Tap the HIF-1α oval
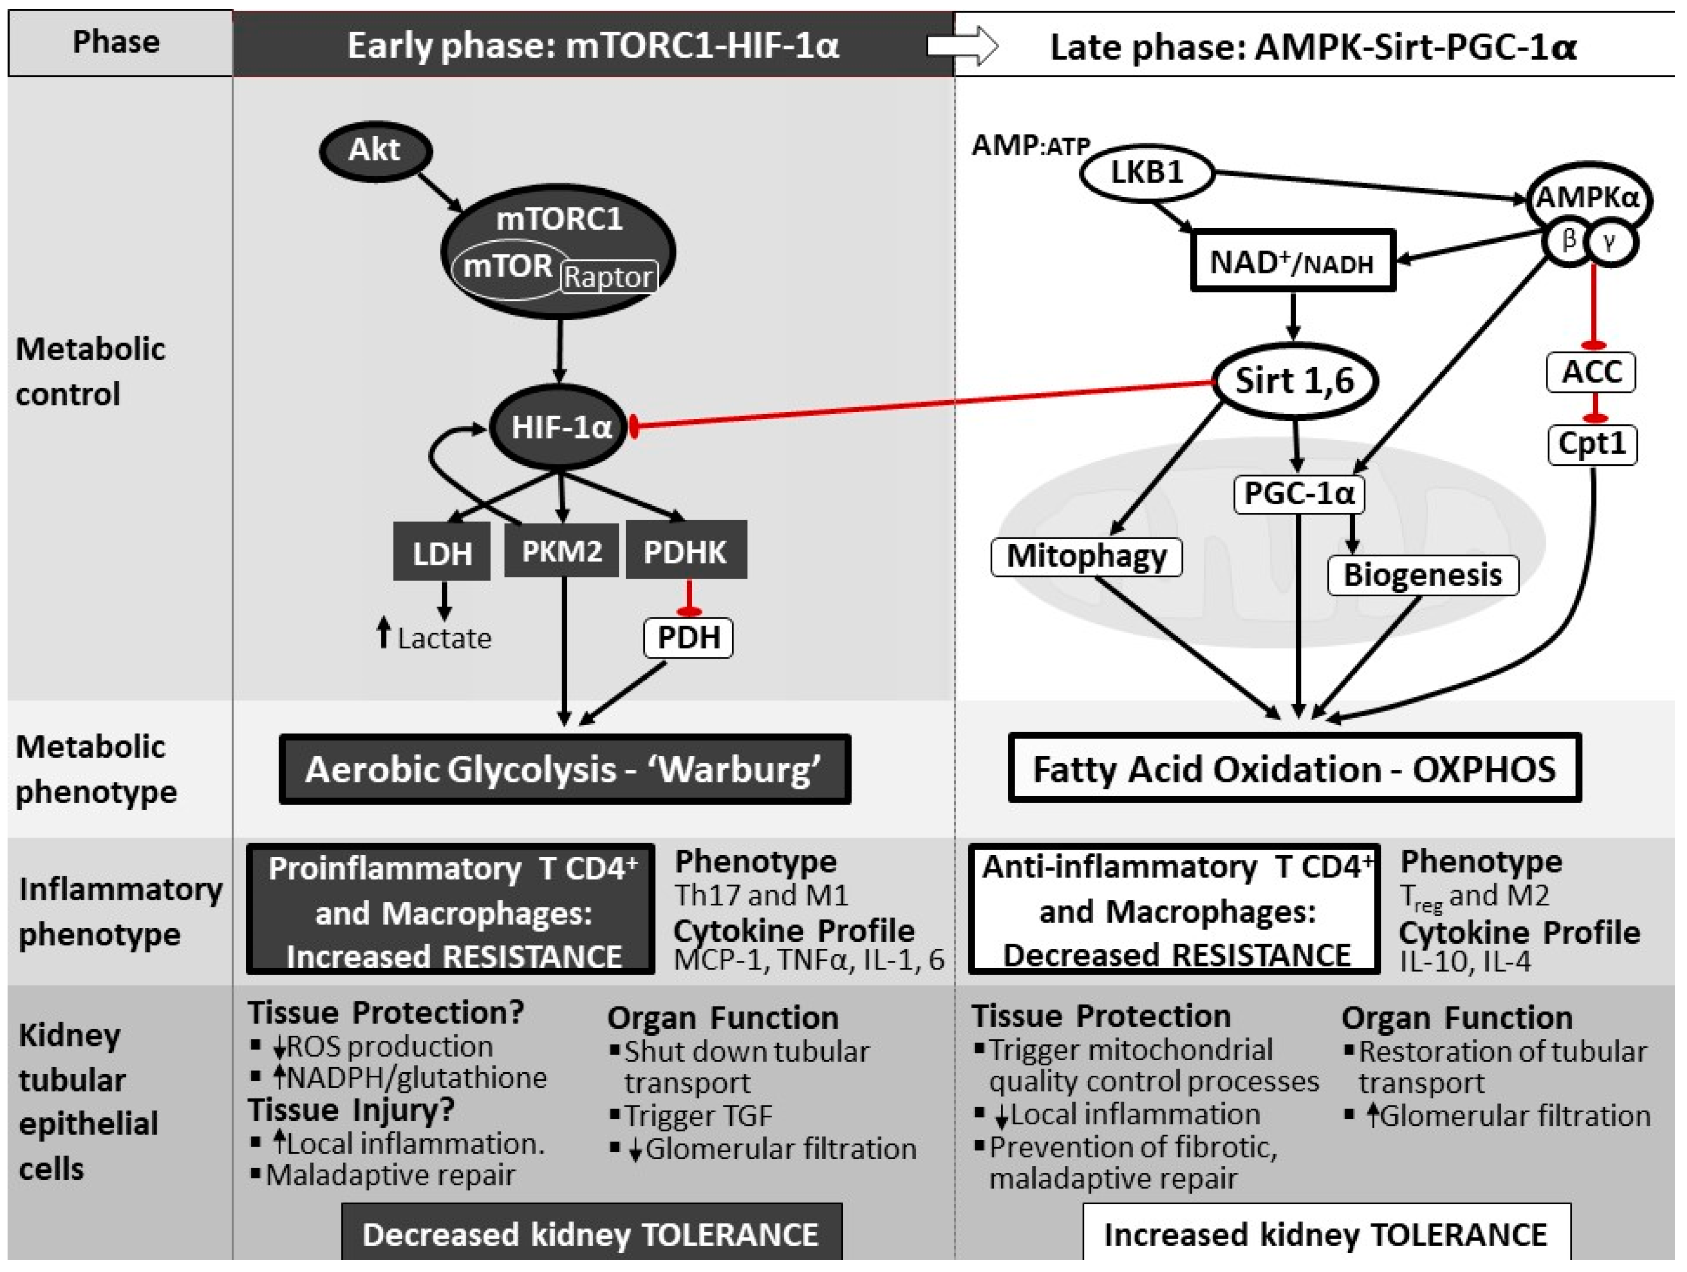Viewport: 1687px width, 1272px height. (x=560, y=427)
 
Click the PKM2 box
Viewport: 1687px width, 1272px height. (x=561, y=550)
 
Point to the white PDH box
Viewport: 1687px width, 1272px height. (x=688, y=637)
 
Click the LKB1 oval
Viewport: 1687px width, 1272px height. (x=1146, y=172)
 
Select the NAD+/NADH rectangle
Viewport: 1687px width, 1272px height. (x=1292, y=261)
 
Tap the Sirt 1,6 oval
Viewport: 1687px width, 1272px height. (x=1294, y=380)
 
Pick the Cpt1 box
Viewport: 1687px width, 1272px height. (x=1591, y=444)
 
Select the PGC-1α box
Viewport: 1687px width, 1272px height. (x=1299, y=494)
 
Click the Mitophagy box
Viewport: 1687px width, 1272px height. (x=1086, y=556)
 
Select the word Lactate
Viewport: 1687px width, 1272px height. (x=444, y=638)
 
